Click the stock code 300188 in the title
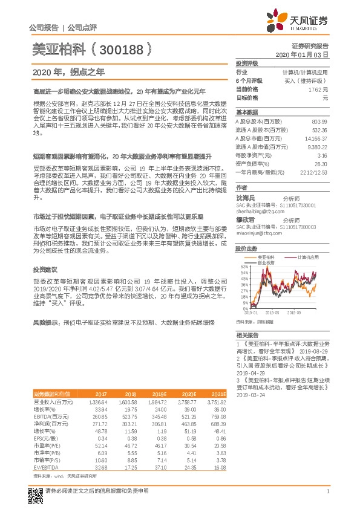click(122, 48)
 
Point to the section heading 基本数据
click(247, 112)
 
